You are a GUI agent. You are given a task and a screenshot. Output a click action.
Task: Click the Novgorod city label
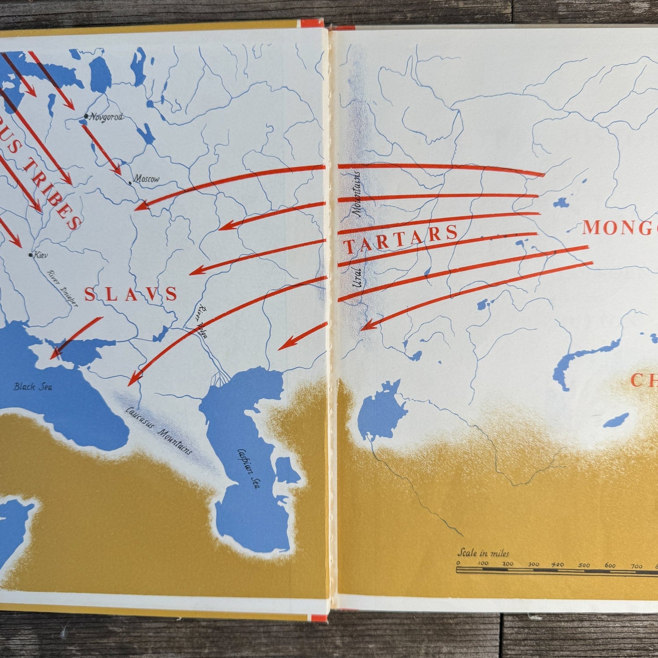(107, 117)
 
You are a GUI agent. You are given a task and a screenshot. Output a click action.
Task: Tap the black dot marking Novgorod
(86, 117)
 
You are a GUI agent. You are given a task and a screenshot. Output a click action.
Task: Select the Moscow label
(147, 179)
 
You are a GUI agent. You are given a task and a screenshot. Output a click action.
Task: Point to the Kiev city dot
(30, 254)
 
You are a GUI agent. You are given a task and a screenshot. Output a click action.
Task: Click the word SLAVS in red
(131, 294)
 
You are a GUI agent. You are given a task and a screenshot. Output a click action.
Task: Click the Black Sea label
(33, 386)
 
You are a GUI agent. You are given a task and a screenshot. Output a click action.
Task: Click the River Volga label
(203, 321)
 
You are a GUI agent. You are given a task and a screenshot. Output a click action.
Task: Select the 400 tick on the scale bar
(558, 565)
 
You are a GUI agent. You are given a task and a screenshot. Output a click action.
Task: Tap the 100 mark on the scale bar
(483, 564)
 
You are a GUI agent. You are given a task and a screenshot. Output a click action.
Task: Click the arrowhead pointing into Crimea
(54, 354)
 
